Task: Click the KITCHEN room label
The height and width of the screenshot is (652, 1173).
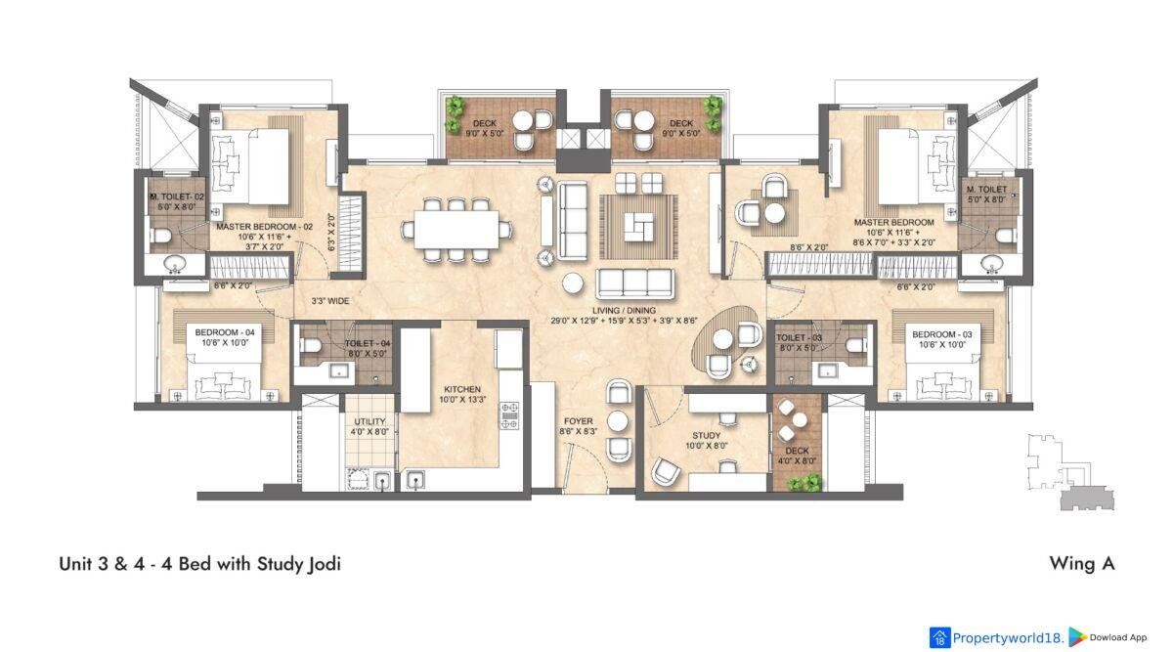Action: click(x=461, y=389)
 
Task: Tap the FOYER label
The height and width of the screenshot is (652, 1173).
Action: click(x=578, y=421)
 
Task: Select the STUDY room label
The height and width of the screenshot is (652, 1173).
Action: click(x=706, y=435)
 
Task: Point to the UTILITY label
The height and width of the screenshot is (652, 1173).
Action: click(x=369, y=421)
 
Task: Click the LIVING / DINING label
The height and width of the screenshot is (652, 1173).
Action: click(x=624, y=310)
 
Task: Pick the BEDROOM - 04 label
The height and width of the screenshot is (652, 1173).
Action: click(x=225, y=332)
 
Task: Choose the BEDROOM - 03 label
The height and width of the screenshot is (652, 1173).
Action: click(x=942, y=334)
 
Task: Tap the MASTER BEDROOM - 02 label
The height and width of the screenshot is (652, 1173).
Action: click(x=265, y=227)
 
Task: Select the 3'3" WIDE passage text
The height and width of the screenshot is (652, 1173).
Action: click(x=330, y=301)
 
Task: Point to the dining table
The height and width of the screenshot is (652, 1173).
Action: click(x=456, y=230)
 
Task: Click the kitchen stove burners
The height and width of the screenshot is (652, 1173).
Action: click(x=509, y=415)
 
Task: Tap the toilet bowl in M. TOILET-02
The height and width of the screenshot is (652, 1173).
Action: click(x=159, y=237)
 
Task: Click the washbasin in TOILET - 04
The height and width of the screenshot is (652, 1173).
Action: click(x=339, y=371)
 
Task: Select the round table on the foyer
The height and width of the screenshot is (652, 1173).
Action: click(x=618, y=421)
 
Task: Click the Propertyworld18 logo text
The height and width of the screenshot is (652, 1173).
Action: click(x=1008, y=638)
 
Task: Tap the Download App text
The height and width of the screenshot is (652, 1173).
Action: click(x=1118, y=637)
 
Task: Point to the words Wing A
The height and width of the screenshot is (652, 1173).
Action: click(x=1082, y=563)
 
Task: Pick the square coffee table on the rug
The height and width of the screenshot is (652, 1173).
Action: click(x=638, y=226)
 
